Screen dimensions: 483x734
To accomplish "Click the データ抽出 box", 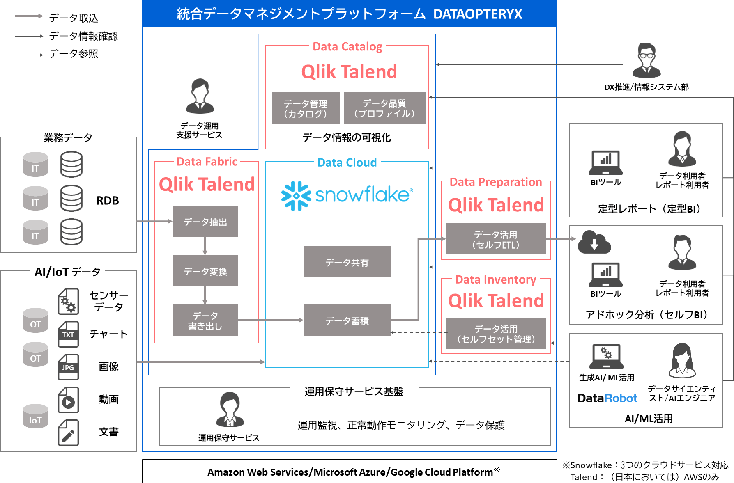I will click(x=205, y=222).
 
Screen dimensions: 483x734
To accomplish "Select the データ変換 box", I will click(x=205, y=271).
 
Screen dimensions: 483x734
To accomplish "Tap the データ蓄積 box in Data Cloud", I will click(x=347, y=320).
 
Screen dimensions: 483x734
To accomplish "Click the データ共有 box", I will click(x=347, y=262).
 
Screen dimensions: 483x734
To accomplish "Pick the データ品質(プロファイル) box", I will click(x=384, y=108).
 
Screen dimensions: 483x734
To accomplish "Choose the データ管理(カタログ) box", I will click(x=306, y=108).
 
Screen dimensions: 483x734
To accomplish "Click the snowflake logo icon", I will click(x=296, y=196).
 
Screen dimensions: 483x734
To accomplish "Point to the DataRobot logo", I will click(x=607, y=398).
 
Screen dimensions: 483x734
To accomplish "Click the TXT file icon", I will click(x=68, y=334).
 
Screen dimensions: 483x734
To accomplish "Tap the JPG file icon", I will click(x=68, y=366).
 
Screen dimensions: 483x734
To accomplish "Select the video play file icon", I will click(x=68, y=400).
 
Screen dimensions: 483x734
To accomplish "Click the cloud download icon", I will click(x=594, y=243).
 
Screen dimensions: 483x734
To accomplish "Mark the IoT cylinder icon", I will click(x=35, y=416).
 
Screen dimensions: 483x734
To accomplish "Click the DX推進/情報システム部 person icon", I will click(x=647, y=61).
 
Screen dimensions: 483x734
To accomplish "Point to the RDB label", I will click(x=108, y=201).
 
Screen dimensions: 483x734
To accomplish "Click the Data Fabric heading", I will click(x=207, y=162).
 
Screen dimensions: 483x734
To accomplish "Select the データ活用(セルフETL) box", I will click(x=496, y=239).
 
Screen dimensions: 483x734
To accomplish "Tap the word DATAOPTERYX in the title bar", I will click(x=478, y=14).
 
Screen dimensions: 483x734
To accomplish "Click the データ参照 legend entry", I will click(x=74, y=54).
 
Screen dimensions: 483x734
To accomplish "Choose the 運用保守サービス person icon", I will click(x=230, y=410).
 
